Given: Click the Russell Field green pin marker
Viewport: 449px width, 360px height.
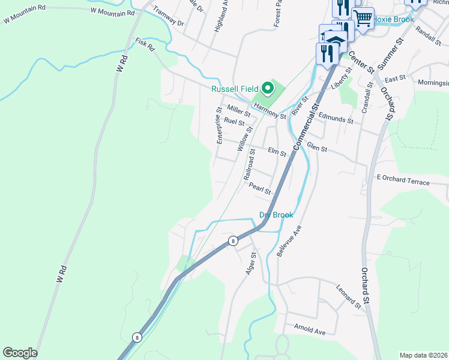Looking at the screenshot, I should (268, 89).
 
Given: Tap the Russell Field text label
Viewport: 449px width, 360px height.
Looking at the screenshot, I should (234, 89).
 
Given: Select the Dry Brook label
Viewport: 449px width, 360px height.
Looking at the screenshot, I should (276, 215).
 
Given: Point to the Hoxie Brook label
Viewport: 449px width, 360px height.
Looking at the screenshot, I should (394, 19).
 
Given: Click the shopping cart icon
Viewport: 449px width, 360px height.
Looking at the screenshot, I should (363, 18).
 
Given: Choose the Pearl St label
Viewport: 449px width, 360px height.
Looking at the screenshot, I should (260, 188).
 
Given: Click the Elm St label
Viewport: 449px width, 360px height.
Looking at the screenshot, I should (277, 153).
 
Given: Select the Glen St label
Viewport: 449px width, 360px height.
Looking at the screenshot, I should (316, 148).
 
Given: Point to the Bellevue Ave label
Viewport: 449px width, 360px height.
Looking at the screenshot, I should (288, 242).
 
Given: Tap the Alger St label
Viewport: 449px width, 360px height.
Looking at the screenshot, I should (251, 263).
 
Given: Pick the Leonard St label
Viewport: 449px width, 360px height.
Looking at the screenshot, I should (348, 297).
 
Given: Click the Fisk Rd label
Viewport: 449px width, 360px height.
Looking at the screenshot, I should (145, 43).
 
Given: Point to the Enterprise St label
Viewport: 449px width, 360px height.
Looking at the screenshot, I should (220, 125).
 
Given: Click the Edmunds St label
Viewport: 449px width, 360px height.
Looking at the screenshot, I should (336, 118).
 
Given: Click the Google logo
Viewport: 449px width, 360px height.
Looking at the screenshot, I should (20, 353).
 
